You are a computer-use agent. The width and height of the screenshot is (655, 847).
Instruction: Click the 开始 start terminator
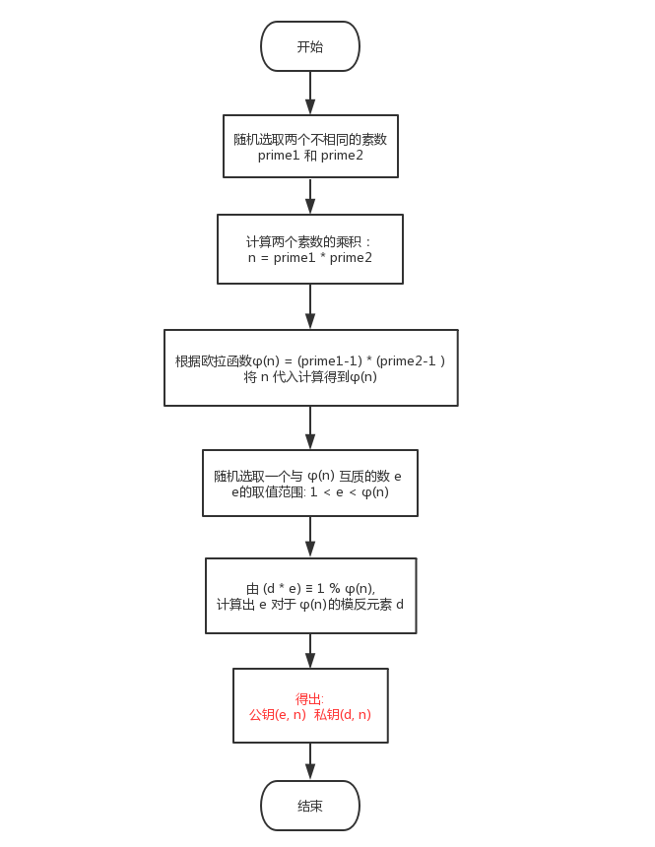tap(310, 46)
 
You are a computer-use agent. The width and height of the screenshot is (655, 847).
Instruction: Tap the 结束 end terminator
tap(310, 806)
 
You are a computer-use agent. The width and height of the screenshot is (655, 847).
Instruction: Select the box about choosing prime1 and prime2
tap(310, 147)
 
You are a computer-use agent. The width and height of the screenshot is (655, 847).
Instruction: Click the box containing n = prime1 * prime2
tap(310, 249)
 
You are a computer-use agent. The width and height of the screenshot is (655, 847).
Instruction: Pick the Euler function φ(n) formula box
tap(310, 367)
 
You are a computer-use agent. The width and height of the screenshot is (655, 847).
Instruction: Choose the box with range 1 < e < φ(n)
tap(310, 483)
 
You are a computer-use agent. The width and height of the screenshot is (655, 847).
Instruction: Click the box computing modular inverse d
tap(310, 596)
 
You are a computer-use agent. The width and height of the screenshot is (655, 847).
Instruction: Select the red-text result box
tap(310, 706)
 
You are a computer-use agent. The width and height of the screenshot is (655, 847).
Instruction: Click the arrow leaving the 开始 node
tap(310, 93)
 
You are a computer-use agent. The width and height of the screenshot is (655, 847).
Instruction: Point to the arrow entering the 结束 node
tap(310, 761)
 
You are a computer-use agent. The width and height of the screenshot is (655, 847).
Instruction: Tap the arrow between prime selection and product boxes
tap(310, 196)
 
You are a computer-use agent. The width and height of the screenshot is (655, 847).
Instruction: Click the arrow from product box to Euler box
tap(310, 306)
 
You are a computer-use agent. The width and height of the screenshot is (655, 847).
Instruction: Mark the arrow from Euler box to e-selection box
tap(310, 427)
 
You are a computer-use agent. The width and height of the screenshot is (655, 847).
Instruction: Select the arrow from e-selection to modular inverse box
tap(310, 537)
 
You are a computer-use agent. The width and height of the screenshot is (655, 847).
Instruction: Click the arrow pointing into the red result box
tap(310, 651)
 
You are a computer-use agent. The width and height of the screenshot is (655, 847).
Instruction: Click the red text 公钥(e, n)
tap(277, 714)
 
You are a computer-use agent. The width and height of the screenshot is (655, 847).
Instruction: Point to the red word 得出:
tap(309, 698)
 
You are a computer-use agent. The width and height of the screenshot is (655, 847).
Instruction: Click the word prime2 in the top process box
tap(342, 156)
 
